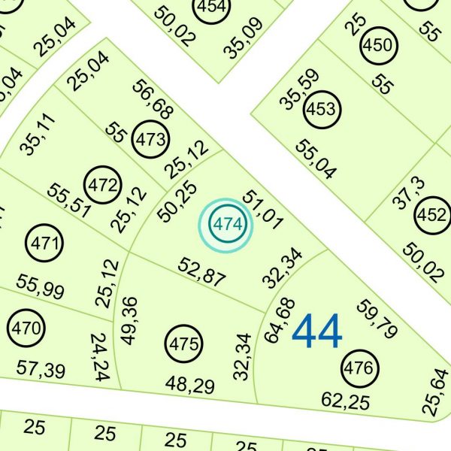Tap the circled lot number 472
coord(103,185)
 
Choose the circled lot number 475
coord(184,345)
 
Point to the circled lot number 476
coord(359,368)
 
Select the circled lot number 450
coord(377,46)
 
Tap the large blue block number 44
coord(316,331)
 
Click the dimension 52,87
coord(201,271)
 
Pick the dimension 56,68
coord(153,98)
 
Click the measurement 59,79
coord(379,319)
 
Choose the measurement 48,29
coord(190,386)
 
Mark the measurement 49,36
coord(129,320)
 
